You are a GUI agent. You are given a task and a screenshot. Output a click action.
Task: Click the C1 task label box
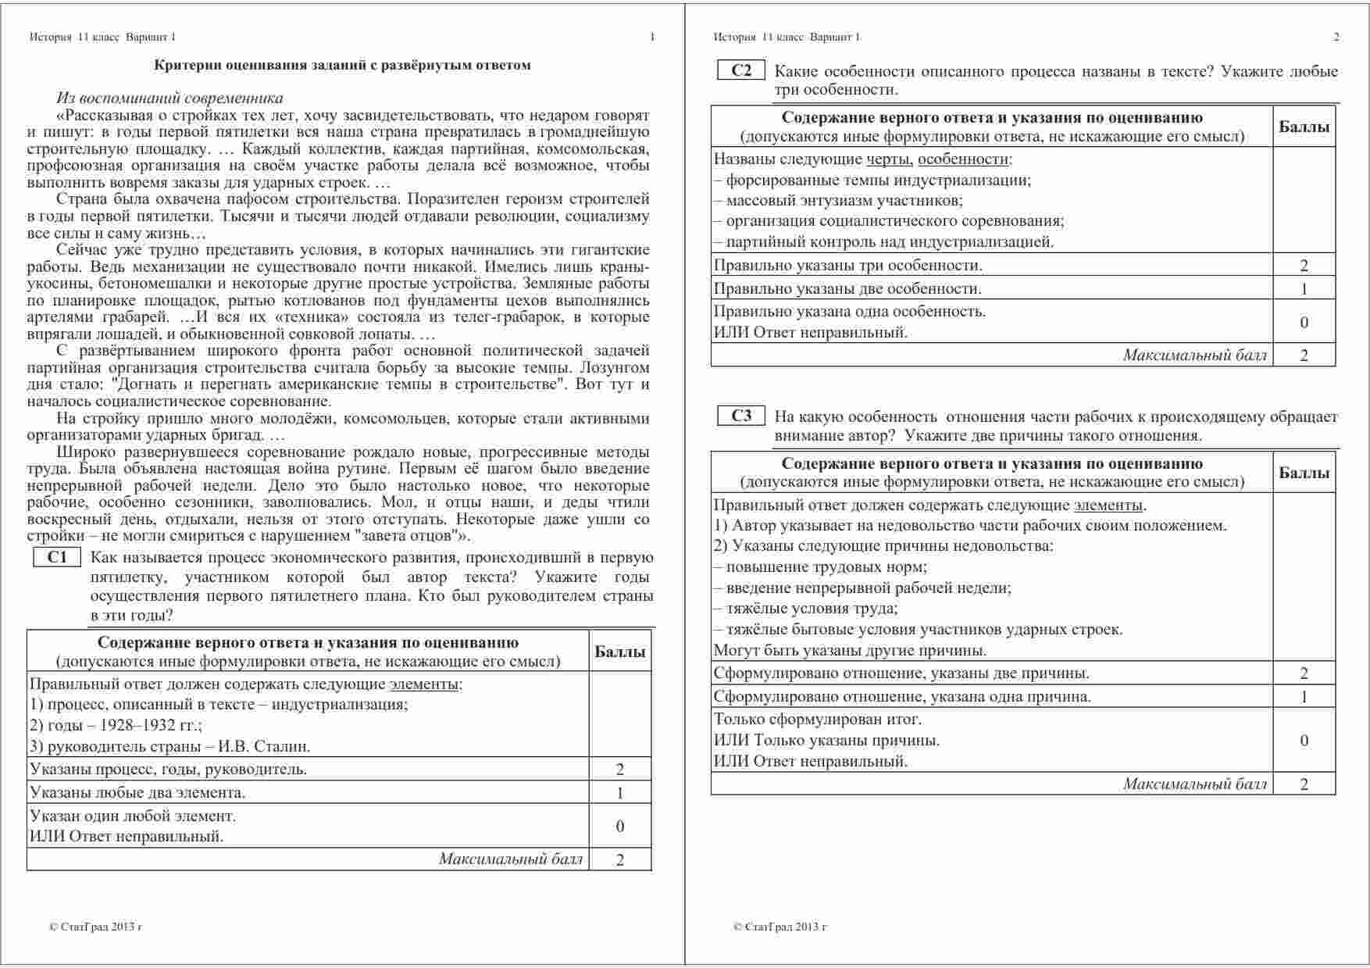pos(57,557)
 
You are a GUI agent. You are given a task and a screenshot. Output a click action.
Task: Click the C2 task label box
pos(741,70)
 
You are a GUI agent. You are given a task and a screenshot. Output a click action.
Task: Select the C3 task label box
pos(741,416)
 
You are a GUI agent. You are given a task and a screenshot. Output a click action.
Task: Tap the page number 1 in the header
pos(652,37)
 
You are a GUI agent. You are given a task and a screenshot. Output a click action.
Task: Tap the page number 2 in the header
pos(1336,37)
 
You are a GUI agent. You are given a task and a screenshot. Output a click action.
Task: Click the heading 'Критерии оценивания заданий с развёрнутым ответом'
pos(342,65)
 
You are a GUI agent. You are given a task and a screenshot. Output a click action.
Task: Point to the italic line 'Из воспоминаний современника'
pos(169,98)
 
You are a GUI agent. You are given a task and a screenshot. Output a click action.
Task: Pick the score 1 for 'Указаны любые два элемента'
pos(620,793)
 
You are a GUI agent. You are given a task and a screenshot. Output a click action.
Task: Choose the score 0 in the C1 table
pos(620,826)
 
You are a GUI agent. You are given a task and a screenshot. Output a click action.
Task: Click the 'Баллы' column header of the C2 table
pos(1304,127)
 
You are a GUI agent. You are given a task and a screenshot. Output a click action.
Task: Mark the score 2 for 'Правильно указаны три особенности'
pos(1304,266)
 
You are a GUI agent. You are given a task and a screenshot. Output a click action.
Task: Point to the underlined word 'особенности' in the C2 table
pos(963,159)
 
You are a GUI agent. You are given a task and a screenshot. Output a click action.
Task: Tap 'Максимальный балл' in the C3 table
pos(1195,784)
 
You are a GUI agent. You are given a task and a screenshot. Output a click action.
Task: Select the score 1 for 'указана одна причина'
pos(1304,697)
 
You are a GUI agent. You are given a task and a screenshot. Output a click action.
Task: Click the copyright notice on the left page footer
pos(95,927)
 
